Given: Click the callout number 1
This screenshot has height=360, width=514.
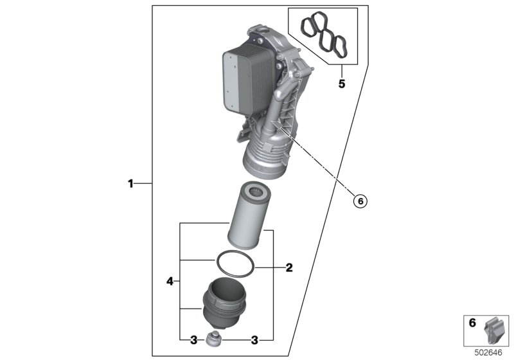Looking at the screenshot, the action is pyautogui.click(x=130, y=184).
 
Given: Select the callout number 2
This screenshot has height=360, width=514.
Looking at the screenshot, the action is pyautogui.click(x=289, y=268).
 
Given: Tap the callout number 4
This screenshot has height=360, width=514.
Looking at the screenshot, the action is pyautogui.click(x=170, y=281).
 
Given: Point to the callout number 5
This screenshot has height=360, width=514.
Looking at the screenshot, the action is pyautogui.click(x=342, y=84).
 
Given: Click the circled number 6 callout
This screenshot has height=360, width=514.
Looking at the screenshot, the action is pyautogui.click(x=360, y=201).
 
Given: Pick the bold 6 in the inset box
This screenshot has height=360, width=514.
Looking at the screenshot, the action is pyautogui.click(x=472, y=323).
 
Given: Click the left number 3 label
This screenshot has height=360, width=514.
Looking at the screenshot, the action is pyautogui.click(x=194, y=340).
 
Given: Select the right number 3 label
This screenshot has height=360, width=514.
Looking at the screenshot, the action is pyautogui.click(x=254, y=340).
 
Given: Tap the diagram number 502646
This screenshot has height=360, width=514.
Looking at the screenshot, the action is pyautogui.click(x=488, y=353).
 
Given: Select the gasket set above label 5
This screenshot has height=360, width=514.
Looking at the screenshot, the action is pyautogui.click(x=324, y=35).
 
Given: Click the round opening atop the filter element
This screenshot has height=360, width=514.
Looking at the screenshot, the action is pyautogui.click(x=258, y=191).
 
